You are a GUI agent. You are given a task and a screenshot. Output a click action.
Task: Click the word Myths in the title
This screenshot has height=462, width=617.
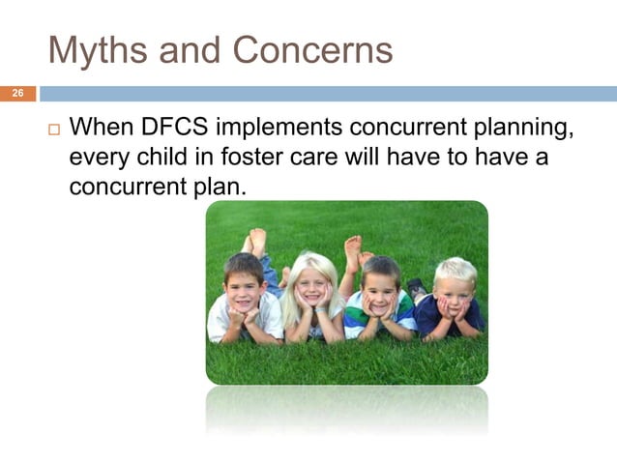tap(94, 49)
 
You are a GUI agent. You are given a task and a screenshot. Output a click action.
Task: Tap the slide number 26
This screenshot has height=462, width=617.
tap(16, 94)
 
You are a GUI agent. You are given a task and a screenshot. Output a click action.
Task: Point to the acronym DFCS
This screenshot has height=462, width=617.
tap(176, 128)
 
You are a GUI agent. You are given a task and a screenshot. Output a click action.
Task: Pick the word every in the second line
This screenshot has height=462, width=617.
tap(103, 156)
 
